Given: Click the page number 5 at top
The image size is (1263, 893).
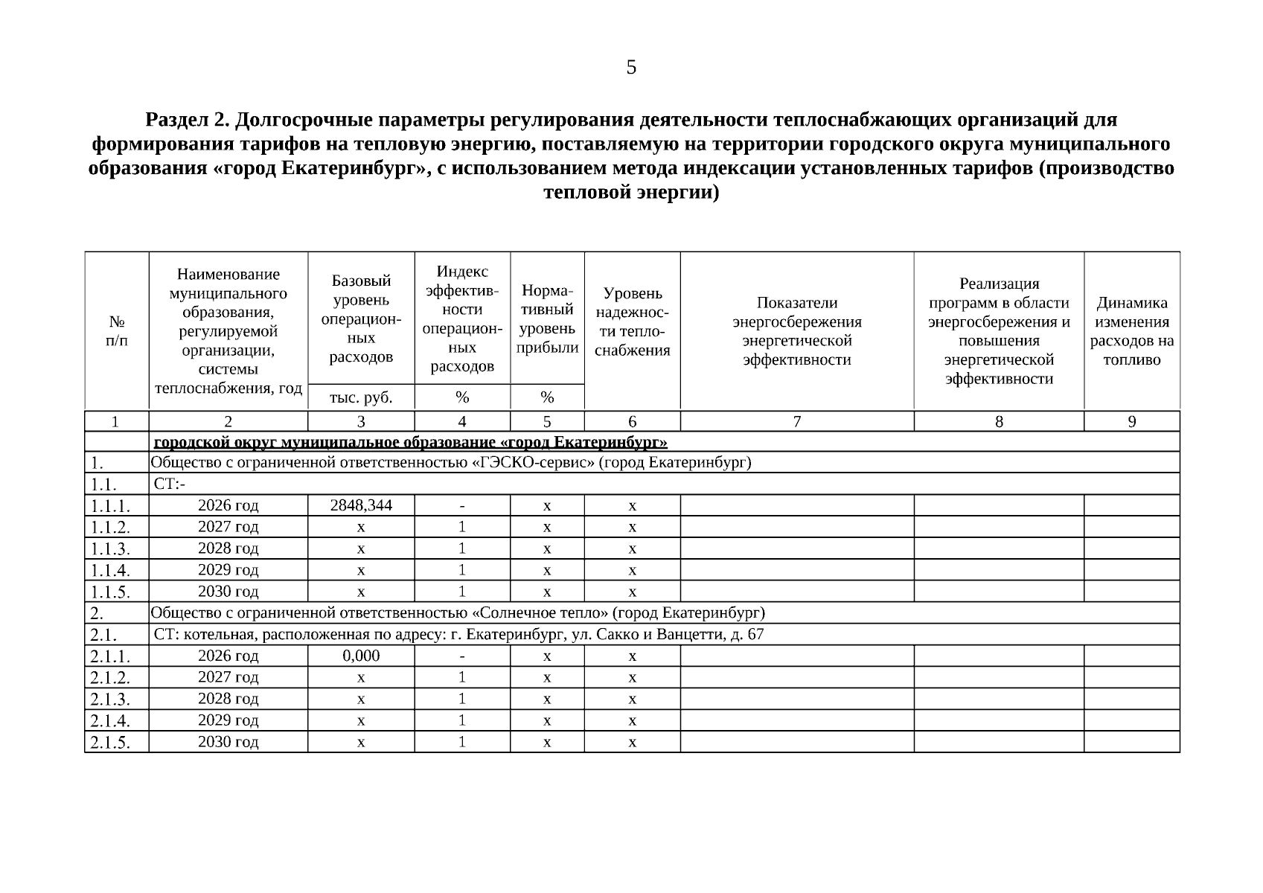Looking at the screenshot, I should click(631, 68).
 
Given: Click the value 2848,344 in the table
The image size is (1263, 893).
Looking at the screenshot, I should click(361, 506).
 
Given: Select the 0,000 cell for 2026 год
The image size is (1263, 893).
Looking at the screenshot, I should click(361, 656).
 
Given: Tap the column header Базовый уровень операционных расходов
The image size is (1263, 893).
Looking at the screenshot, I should click(361, 319).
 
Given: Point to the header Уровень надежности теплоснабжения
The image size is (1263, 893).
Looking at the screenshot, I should click(632, 321).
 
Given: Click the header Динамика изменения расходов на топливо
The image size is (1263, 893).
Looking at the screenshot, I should click(1131, 331).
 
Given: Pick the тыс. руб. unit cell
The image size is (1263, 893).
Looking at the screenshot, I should click(361, 397).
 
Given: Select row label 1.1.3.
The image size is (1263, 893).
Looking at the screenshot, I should click(110, 550).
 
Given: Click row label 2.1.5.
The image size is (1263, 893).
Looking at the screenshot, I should click(110, 743).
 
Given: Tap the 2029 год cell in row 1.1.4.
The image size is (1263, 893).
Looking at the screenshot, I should click(228, 571).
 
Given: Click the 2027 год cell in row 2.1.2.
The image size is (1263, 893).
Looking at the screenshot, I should click(228, 678).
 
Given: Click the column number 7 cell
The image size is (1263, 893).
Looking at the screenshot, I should click(796, 422).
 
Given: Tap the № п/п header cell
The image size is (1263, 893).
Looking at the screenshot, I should click(117, 331).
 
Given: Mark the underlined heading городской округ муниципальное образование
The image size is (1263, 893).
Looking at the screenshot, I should click(409, 443).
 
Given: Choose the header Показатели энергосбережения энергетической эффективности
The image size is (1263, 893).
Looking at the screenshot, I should click(796, 331).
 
